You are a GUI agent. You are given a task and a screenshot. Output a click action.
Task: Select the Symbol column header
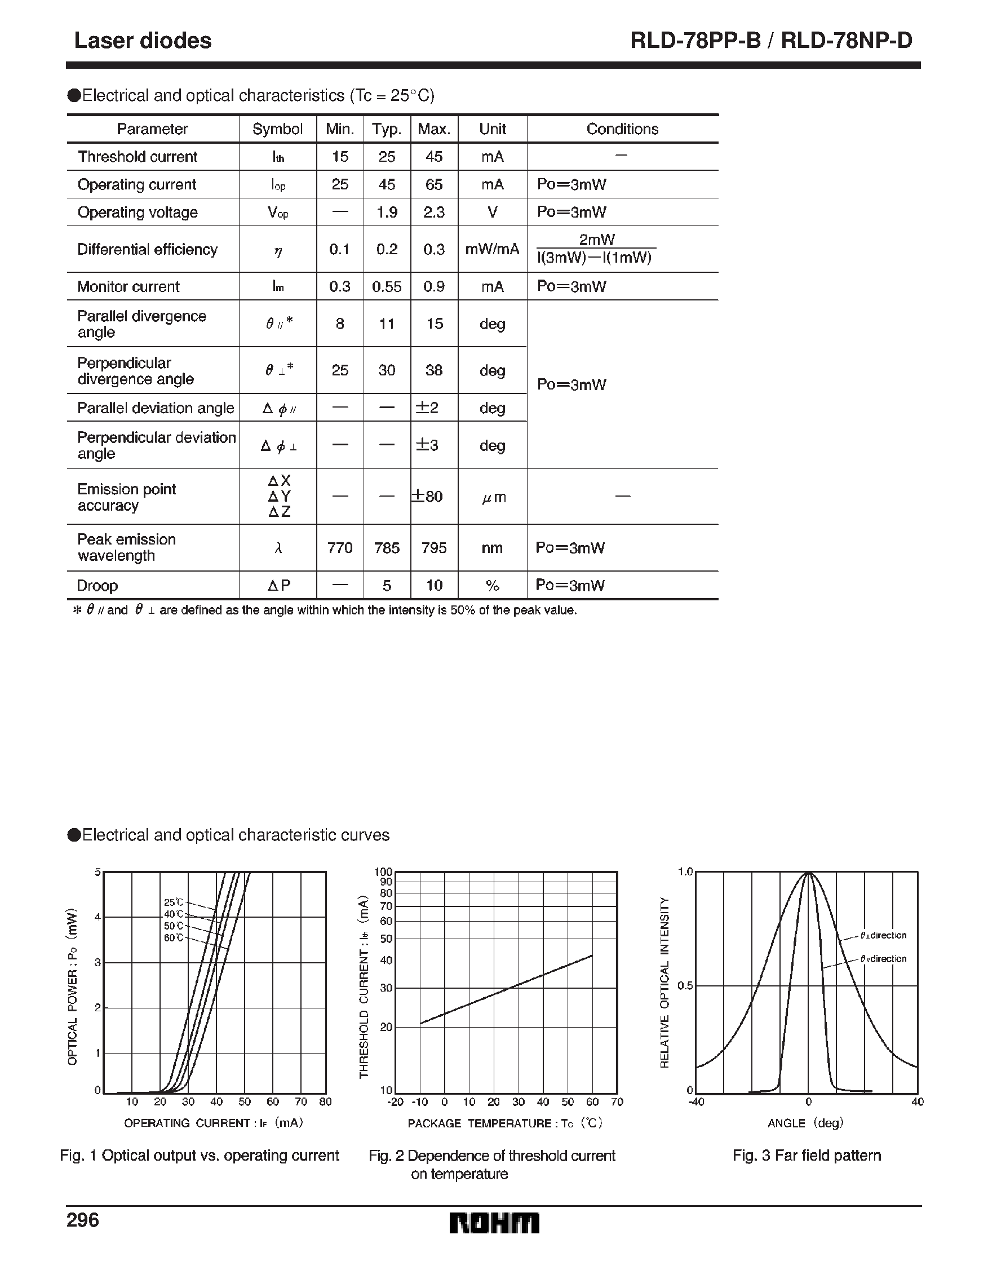click(x=277, y=129)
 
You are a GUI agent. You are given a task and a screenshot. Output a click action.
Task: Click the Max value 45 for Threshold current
click(x=434, y=156)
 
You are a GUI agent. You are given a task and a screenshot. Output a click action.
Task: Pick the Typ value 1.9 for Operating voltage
click(x=387, y=213)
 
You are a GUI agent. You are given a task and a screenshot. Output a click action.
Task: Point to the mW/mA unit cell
click(x=492, y=250)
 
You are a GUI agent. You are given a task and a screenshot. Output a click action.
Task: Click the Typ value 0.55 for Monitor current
click(x=387, y=287)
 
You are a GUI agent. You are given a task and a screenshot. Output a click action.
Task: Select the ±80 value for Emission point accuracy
click(x=427, y=497)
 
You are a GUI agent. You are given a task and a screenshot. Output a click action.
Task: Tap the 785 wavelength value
click(x=387, y=548)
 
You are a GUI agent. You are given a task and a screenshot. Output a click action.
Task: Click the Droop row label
click(x=98, y=586)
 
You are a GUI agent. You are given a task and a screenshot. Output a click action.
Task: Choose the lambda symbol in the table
click(x=278, y=548)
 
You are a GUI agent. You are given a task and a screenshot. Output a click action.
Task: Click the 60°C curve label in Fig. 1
click(x=173, y=938)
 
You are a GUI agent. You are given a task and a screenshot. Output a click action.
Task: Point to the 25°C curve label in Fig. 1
click(x=173, y=902)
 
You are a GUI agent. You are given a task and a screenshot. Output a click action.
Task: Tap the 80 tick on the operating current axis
click(x=326, y=1102)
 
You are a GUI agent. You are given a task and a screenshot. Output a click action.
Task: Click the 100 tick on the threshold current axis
click(x=384, y=871)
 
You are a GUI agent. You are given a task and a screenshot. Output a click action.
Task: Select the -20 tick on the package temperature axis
click(x=395, y=1102)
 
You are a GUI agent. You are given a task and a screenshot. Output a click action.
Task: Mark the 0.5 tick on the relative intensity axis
click(x=685, y=986)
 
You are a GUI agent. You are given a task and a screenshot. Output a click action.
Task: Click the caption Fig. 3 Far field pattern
click(x=807, y=1156)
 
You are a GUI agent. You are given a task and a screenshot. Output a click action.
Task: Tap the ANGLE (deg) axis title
click(x=805, y=1123)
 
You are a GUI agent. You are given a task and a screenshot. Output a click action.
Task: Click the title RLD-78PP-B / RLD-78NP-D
click(x=771, y=41)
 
